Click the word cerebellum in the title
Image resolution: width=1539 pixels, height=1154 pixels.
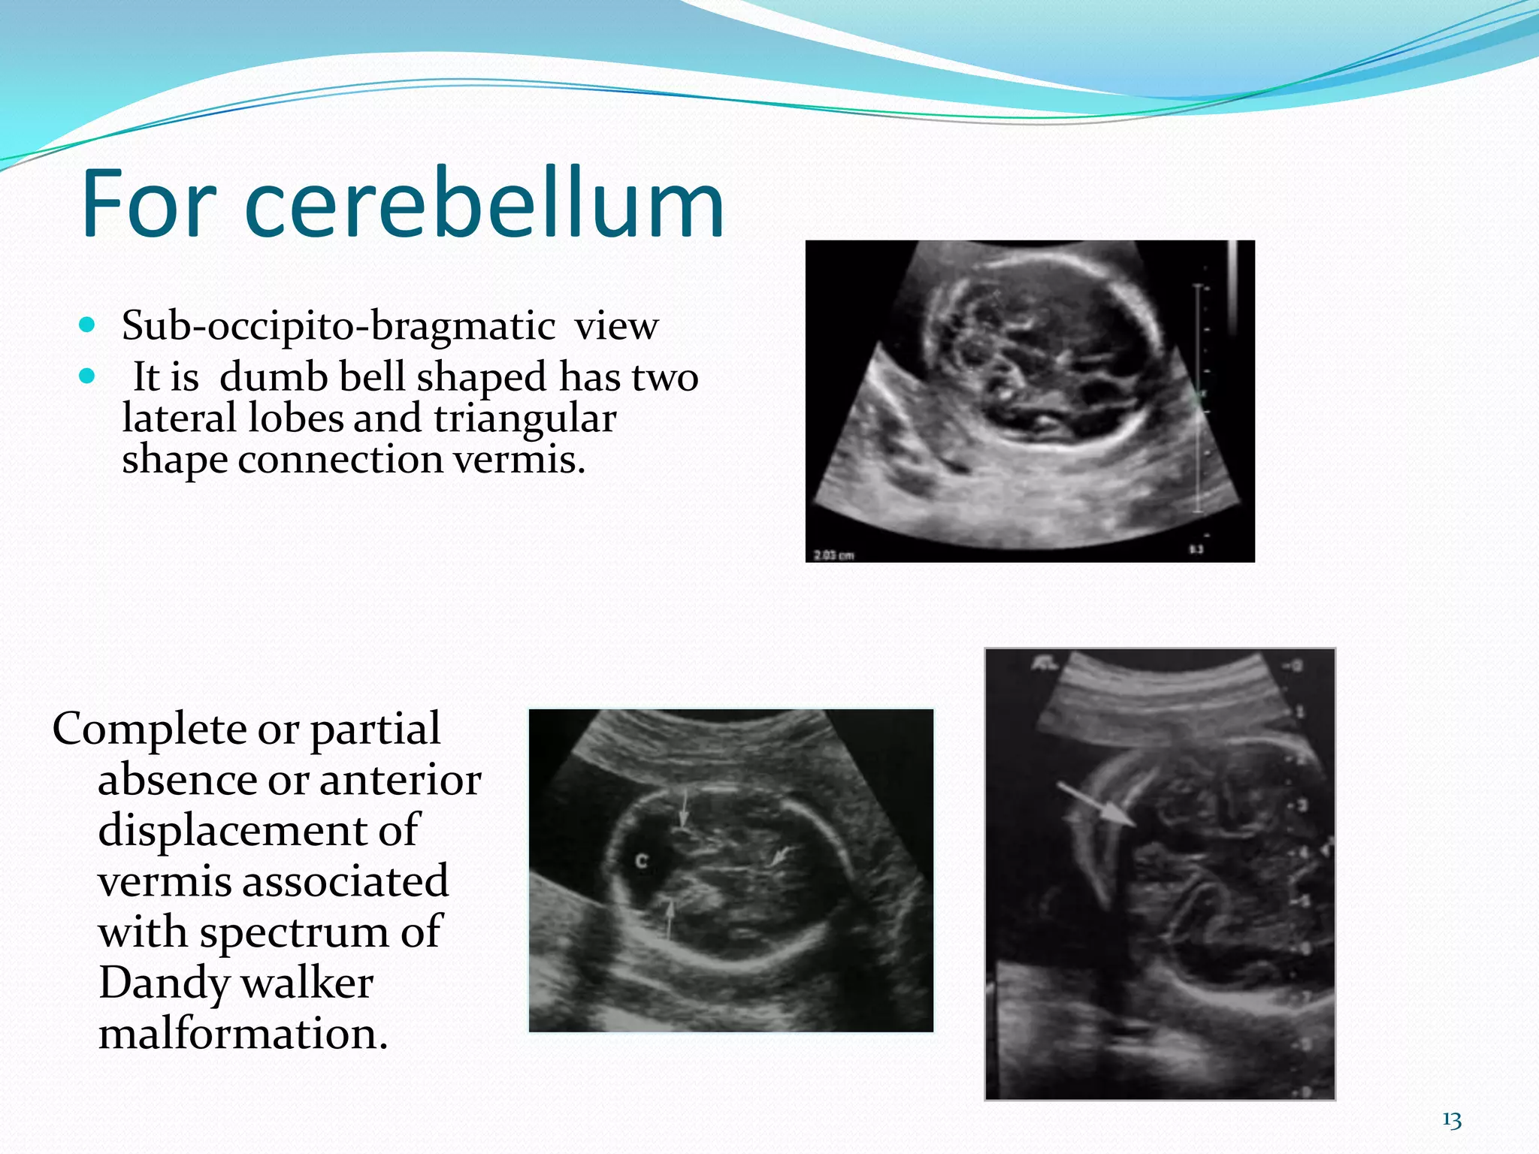(485, 204)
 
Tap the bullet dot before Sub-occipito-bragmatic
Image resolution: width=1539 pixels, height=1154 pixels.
(88, 325)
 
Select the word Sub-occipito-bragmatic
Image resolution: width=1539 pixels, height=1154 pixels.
(338, 326)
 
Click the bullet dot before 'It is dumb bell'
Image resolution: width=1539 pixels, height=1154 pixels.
(88, 376)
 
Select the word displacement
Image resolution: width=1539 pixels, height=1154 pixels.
(258, 831)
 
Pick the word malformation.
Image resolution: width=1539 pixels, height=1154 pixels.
(243, 1034)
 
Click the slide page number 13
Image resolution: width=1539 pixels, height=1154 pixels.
(1452, 1120)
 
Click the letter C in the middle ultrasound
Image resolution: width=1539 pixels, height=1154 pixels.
(641, 861)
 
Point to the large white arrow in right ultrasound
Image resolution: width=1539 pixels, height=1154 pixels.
(1096, 805)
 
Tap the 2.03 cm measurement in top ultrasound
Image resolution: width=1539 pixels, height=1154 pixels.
(834, 555)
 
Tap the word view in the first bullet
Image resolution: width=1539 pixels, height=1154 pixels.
(616, 326)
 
